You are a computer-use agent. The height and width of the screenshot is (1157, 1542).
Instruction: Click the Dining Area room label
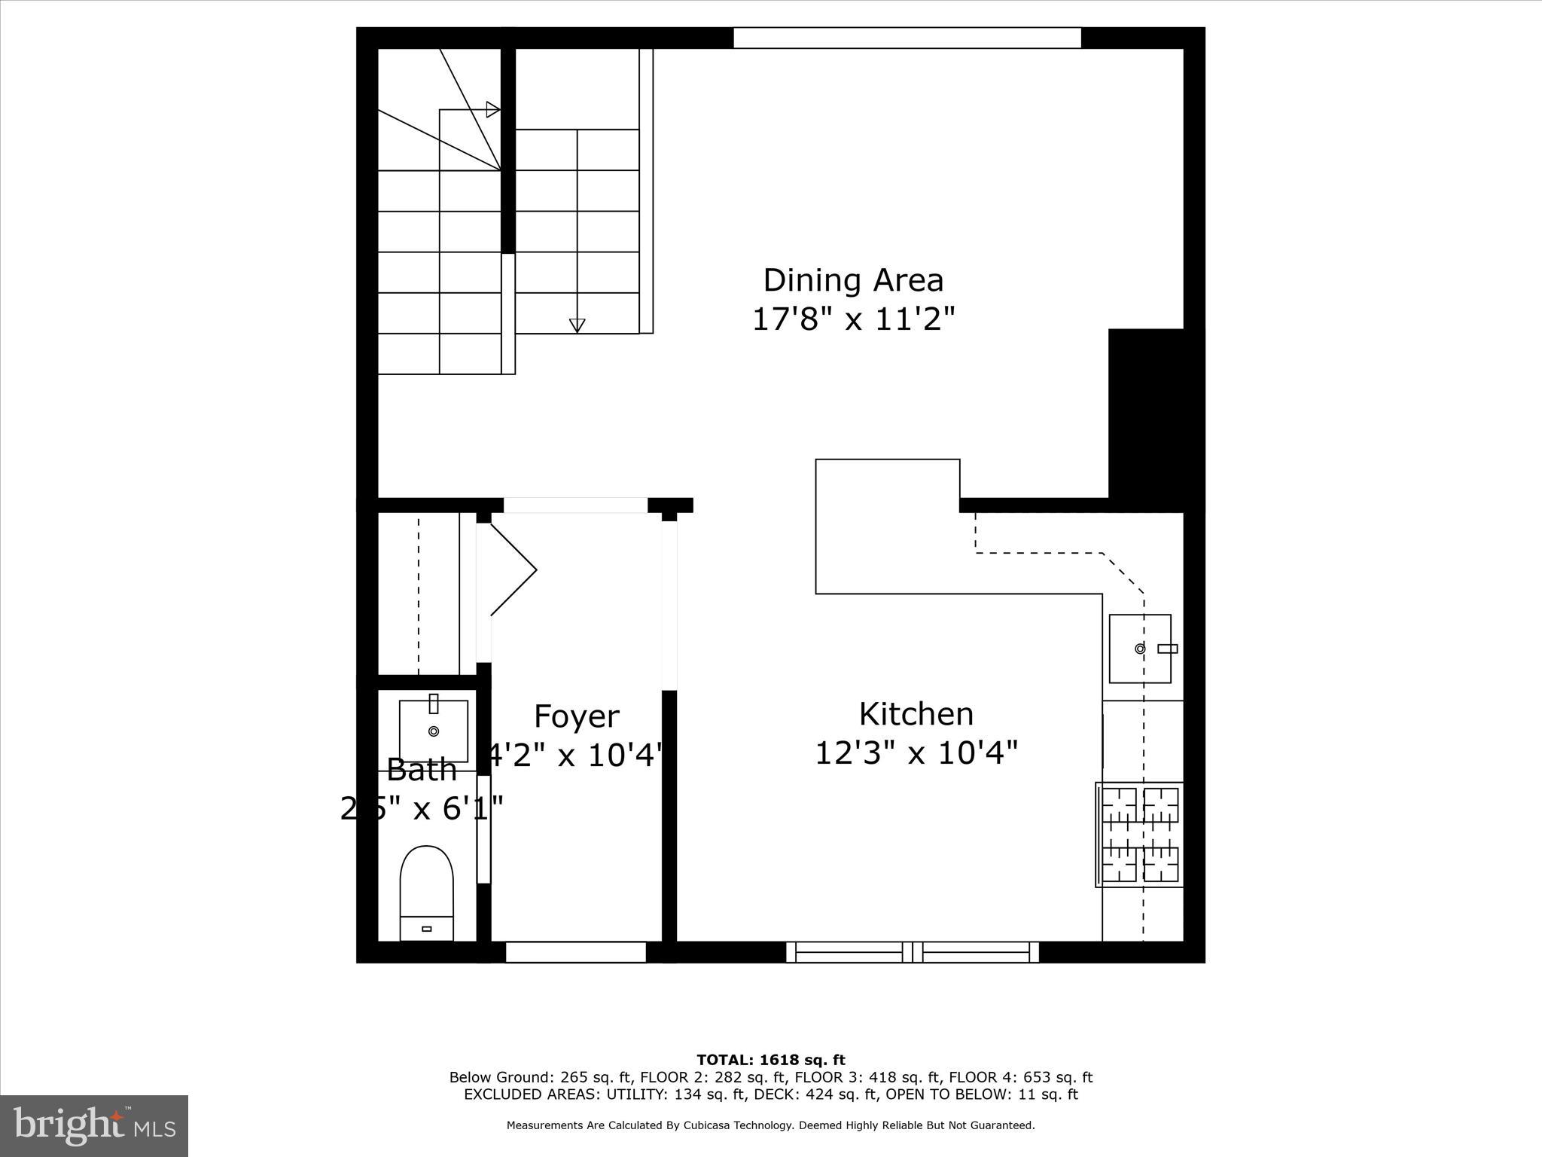(x=852, y=280)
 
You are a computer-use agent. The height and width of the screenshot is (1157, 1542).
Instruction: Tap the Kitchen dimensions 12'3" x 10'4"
(x=916, y=753)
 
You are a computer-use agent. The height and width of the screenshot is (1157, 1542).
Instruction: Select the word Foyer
(x=576, y=716)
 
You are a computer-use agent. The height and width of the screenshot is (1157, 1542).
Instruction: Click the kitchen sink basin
(x=1139, y=649)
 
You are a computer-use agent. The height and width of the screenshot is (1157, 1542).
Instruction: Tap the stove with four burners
(x=1139, y=835)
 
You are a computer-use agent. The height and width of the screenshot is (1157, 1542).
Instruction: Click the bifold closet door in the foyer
(x=512, y=570)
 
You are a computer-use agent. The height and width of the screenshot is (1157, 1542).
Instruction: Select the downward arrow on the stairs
(x=577, y=325)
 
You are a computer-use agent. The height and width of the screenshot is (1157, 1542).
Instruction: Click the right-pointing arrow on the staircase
(x=492, y=110)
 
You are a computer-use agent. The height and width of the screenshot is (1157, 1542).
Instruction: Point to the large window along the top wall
(x=907, y=38)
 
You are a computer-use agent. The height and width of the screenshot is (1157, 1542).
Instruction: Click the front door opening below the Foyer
(x=575, y=952)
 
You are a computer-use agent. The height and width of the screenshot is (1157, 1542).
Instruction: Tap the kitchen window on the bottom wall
(x=913, y=952)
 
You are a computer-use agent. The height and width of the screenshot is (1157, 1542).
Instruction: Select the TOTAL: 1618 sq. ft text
(x=770, y=1061)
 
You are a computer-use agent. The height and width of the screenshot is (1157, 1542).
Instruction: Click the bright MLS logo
(x=94, y=1125)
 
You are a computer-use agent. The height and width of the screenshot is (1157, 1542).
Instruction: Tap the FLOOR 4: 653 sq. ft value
(x=1020, y=1078)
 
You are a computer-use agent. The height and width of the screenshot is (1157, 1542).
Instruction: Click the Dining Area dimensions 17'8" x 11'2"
(x=853, y=319)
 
